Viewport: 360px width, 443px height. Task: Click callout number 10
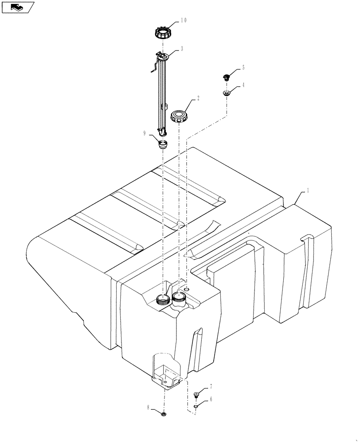tap(184, 20)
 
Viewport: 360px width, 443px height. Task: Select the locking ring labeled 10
tap(163, 32)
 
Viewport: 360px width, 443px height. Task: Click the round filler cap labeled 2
tap(180, 117)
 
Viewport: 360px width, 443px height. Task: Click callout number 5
tap(243, 68)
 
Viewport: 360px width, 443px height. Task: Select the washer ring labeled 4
tap(227, 93)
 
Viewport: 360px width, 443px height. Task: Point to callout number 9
tap(145, 132)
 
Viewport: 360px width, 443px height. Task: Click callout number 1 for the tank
tap(308, 190)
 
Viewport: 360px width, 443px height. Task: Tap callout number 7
tap(211, 387)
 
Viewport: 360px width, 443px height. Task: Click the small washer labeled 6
tap(196, 406)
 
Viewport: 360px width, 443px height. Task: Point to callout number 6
tap(211, 399)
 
